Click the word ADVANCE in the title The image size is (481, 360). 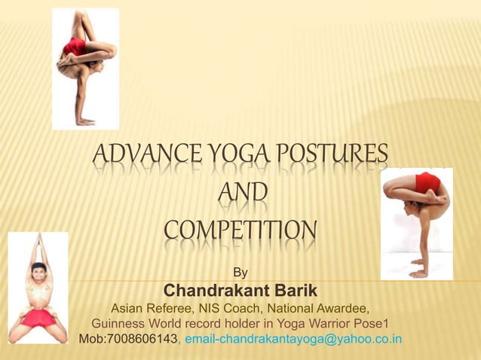[130, 157]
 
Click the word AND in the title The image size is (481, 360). [241, 194]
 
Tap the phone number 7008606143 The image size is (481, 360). [142, 339]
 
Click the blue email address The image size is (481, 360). [293, 339]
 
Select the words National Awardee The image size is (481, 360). [324, 309]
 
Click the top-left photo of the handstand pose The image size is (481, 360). [84, 68]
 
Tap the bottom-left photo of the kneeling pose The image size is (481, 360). [38, 290]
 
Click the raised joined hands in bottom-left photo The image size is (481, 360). [35, 245]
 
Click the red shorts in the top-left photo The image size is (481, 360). [75, 47]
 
